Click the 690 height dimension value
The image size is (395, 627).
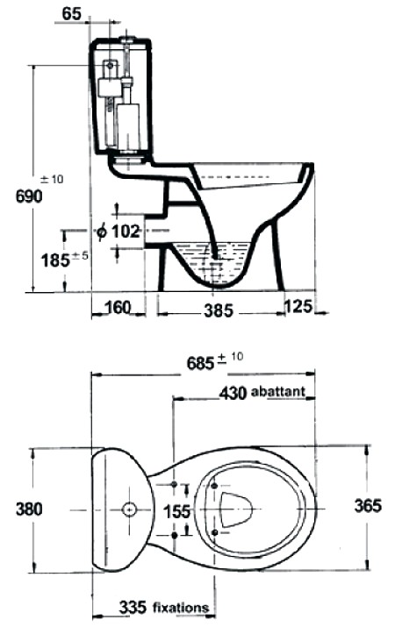coord(29,196)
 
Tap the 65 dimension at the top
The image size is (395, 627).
coord(72,14)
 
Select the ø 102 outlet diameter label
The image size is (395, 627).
coord(119,232)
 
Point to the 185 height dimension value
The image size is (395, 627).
coord(55,260)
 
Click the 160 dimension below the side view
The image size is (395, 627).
coord(118,308)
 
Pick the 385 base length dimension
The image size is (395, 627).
coord(219,310)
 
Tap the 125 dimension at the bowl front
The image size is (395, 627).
coord(298,307)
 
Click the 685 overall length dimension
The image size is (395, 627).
coord(201,363)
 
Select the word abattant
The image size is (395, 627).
coord(278,391)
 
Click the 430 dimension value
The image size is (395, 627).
coord(233,394)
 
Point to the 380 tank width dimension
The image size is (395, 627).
coord(29,509)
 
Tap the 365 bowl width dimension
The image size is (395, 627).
coord(368,506)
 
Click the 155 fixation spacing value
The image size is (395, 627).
coord(177,511)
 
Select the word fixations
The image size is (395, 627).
coord(181,609)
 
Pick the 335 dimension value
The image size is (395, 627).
coord(133,608)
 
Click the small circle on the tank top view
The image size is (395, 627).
coord(129,509)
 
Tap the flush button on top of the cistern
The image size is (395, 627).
coord(128,39)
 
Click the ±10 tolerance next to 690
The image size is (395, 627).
coord(53,179)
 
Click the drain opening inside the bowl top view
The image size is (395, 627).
coord(236,508)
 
